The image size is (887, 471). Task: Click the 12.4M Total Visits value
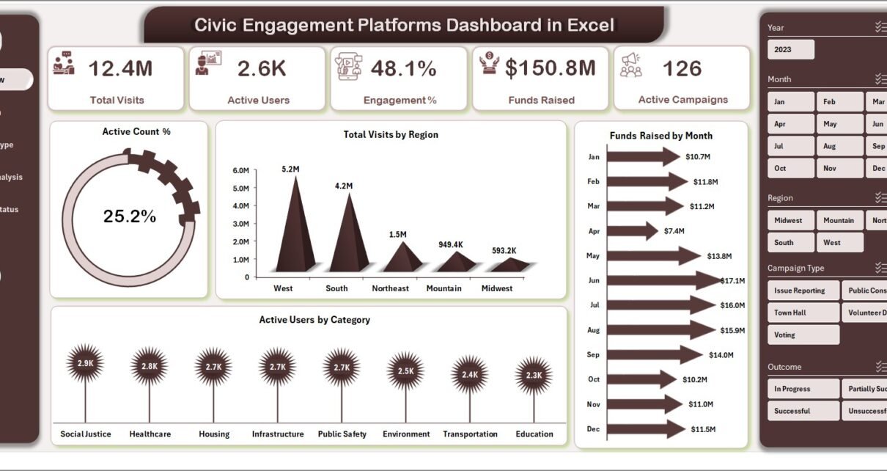pos(120,69)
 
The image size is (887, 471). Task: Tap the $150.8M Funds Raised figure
pos(550,68)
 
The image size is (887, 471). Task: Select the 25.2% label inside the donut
pos(130,216)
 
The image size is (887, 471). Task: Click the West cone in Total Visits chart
pos(295,235)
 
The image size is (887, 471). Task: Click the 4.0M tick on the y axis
pos(240,206)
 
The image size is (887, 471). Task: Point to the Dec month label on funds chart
pos(594,428)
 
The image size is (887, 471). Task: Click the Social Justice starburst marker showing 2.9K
pos(85,363)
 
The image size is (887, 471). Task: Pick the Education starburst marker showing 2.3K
pos(534,375)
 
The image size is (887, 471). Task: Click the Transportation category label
pos(470,434)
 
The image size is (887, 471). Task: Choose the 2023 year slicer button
pos(790,50)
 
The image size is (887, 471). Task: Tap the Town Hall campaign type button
pos(802,313)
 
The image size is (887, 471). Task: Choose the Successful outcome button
pos(802,411)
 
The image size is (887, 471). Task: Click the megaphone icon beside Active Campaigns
pos(630,65)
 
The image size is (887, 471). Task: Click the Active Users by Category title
pos(314,320)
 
